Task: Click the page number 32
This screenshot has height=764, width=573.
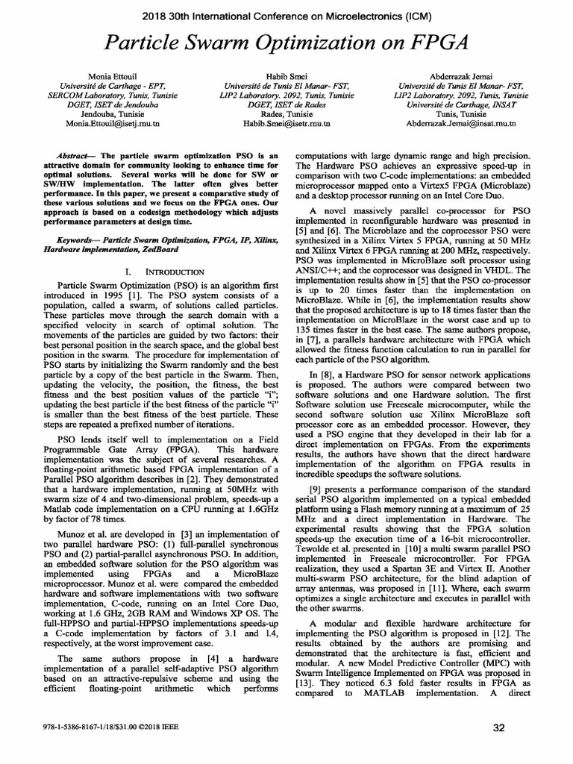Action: pos(501,728)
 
